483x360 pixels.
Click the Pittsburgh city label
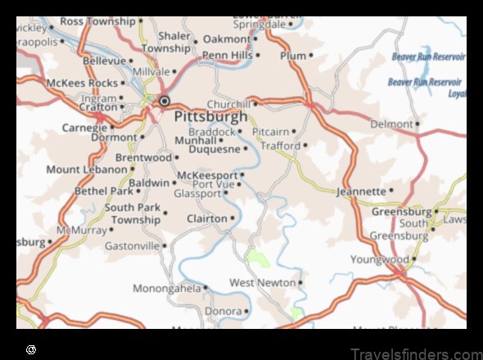pos(210,116)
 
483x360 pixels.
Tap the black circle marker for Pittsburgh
pos(165,101)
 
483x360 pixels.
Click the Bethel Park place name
pos(102,191)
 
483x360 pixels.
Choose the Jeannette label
pos(361,191)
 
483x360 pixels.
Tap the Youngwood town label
pos(379,259)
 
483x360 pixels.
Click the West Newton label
pos(262,282)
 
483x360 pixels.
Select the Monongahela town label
pos(167,288)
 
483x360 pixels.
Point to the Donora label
pos(223,311)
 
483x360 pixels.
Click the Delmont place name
pos(391,124)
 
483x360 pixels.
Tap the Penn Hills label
pos(228,55)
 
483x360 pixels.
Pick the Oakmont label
pos(227,38)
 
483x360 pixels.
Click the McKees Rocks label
pos(82,83)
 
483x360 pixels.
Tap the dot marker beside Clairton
pos(233,218)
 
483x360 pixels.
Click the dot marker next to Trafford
pos(305,146)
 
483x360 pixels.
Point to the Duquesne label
pos(214,149)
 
